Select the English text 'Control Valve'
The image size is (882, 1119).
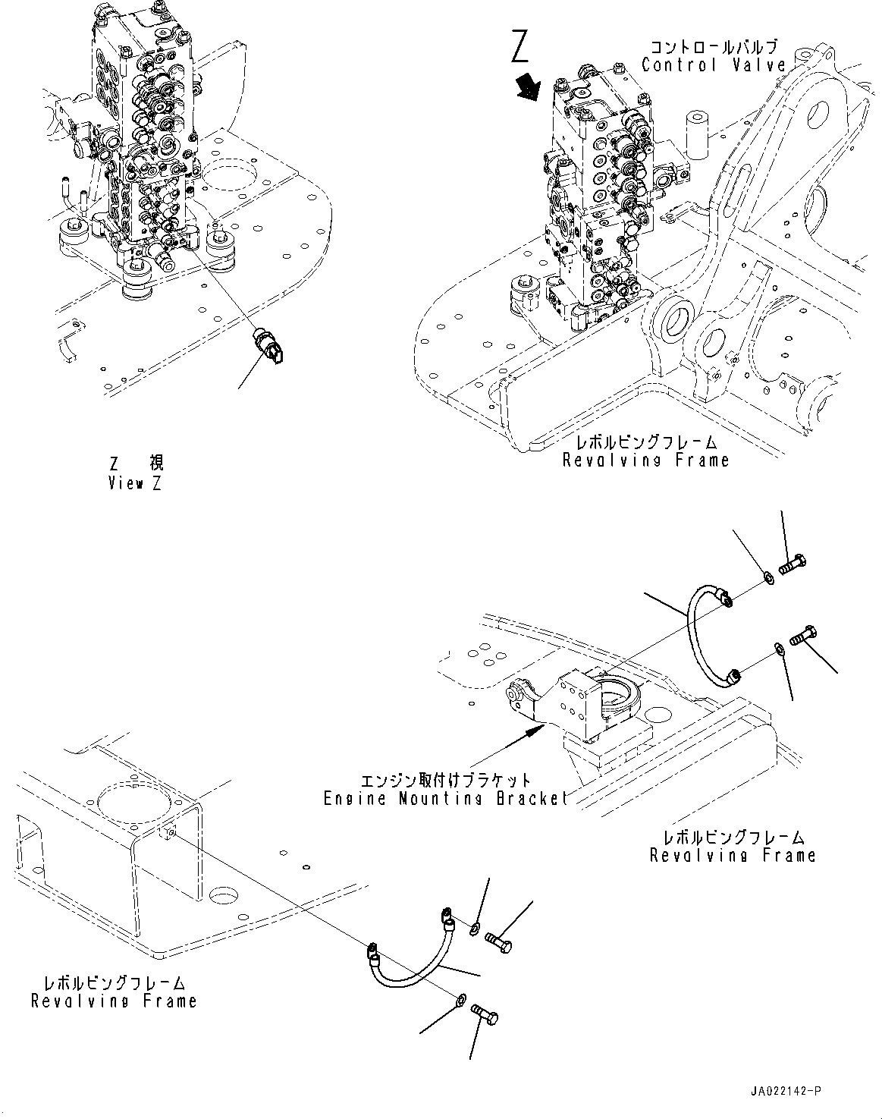tap(713, 65)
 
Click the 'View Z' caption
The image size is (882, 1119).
tap(135, 482)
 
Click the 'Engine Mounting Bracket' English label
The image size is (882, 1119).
tap(445, 798)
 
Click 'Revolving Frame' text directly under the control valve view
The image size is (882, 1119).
tap(645, 460)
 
